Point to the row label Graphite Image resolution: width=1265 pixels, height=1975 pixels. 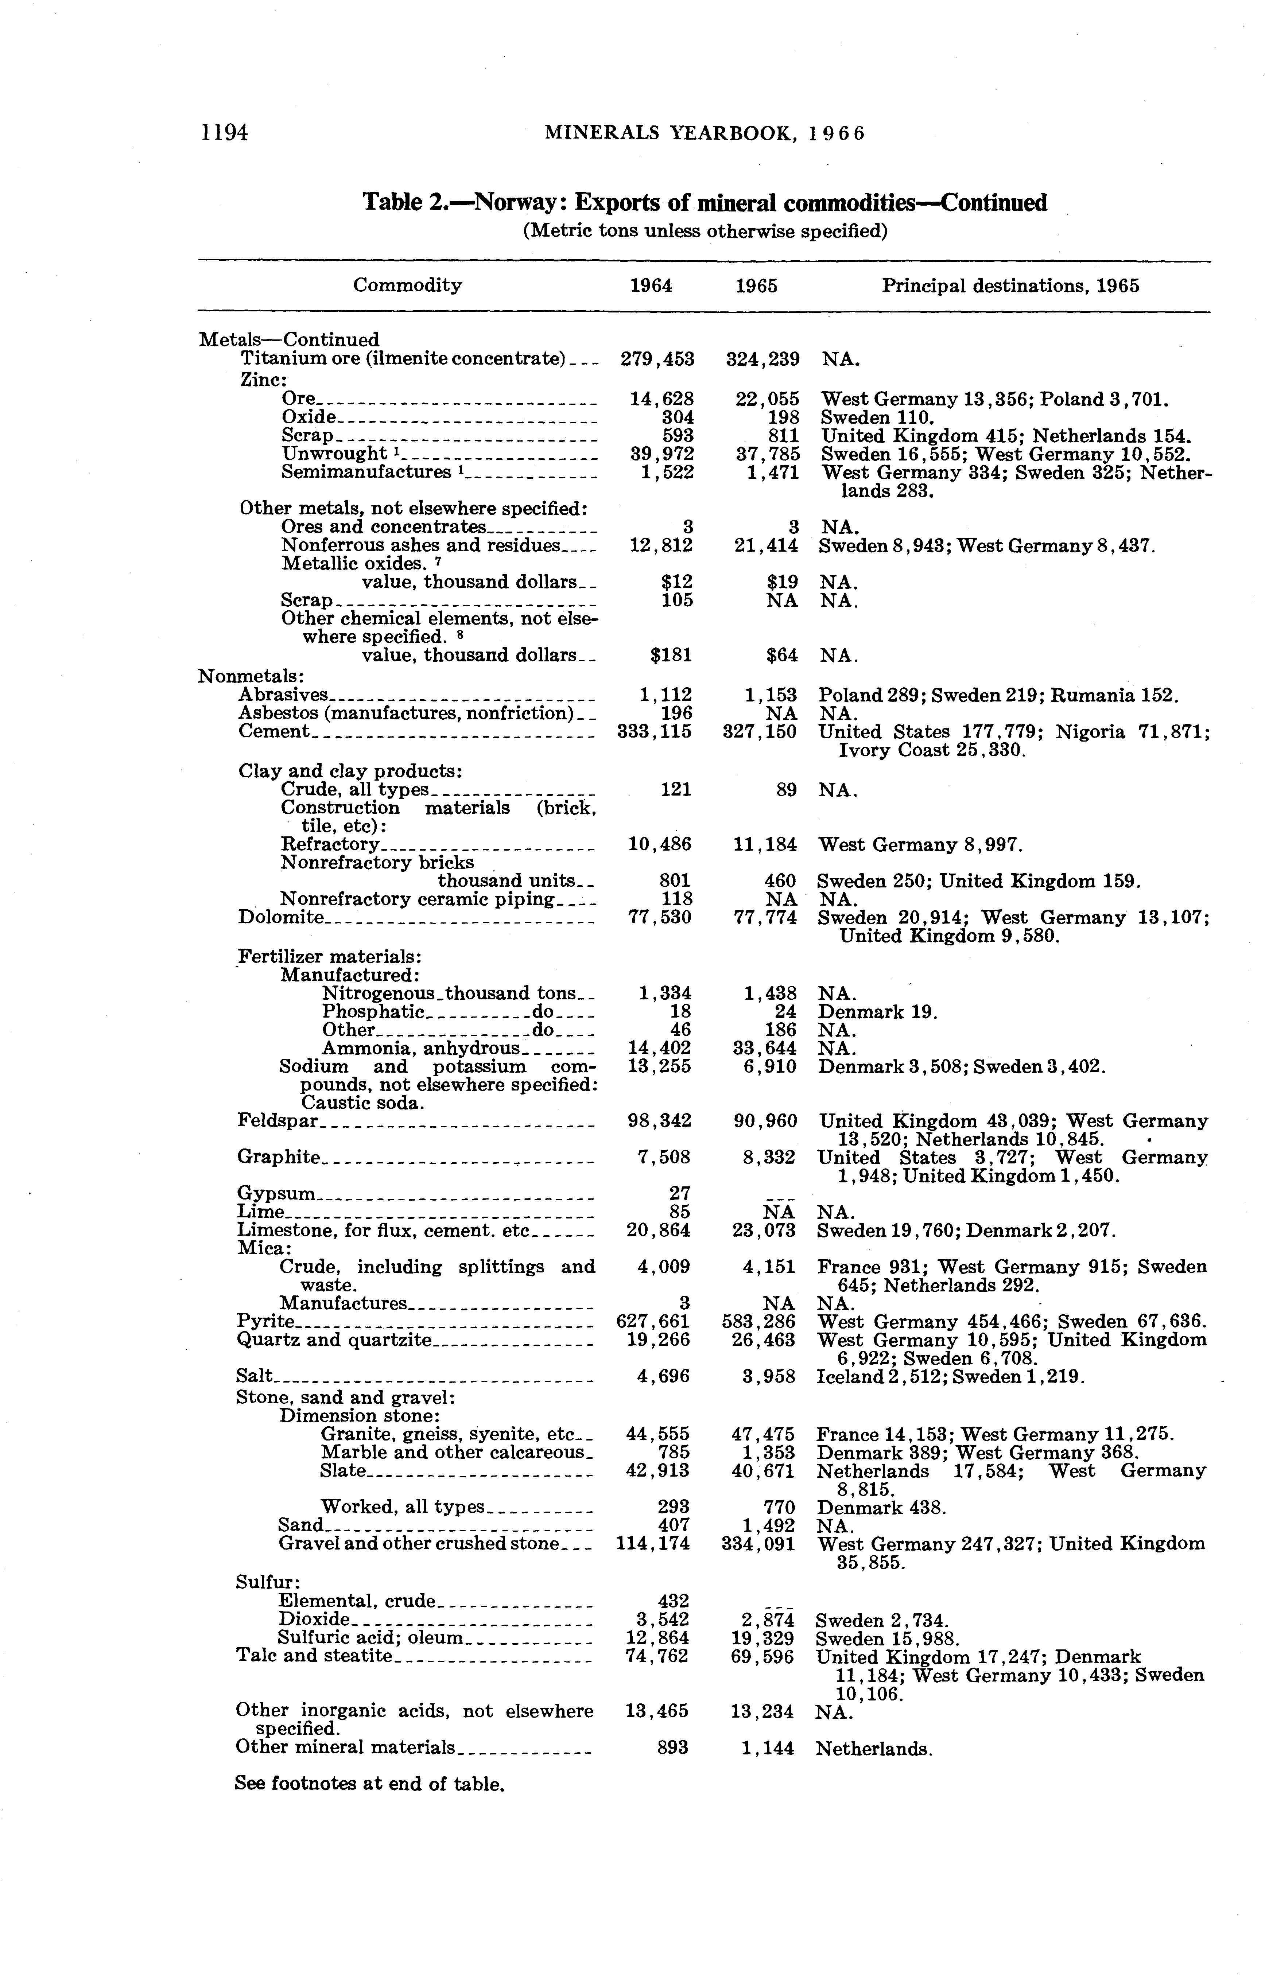pos(278,1157)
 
